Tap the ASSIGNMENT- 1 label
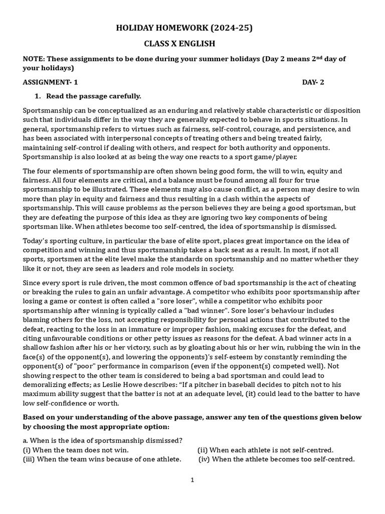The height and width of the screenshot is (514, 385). (51, 82)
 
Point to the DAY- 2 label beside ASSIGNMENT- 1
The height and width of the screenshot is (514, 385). (313, 82)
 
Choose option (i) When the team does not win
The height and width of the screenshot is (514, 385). (76, 450)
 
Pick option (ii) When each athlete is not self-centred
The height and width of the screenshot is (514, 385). (265, 450)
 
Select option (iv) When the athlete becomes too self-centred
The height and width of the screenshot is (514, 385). (277, 459)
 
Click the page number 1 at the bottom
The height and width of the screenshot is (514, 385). (192, 480)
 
